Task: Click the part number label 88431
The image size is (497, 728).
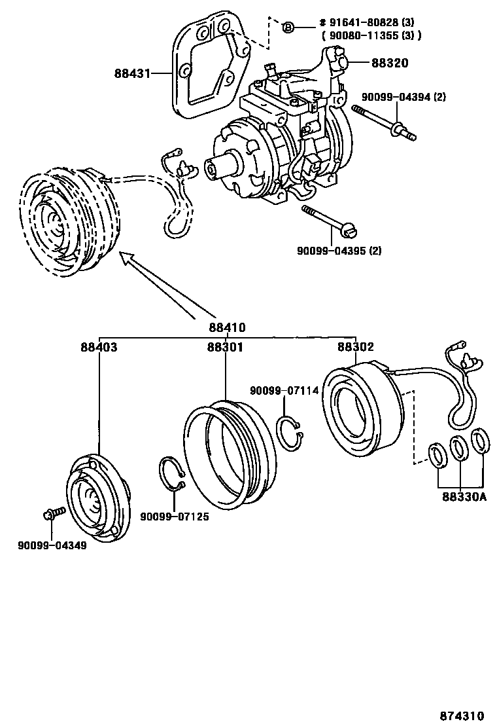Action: coord(133,74)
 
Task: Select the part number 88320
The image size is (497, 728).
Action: coord(390,63)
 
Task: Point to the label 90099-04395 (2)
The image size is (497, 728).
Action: coord(339,251)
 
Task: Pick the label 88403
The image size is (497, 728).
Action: coord(99,347)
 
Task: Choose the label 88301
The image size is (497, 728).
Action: coord(225,347)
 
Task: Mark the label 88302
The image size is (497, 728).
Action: coord(355,347)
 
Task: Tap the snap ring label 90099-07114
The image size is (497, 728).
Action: coord(284,391)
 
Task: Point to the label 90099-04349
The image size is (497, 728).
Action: coord(52,545)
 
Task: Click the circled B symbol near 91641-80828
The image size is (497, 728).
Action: coord(288,27)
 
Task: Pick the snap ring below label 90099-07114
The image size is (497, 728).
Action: coord(288,432)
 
